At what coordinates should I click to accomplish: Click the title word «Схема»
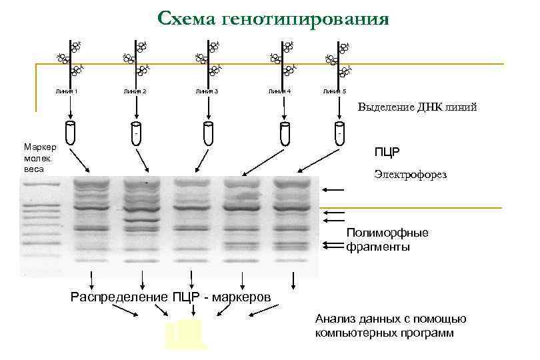[x=188, y=18]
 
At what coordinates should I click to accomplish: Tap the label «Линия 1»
[x=67, y=91]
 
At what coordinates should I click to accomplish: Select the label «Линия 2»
[x=135, y=91]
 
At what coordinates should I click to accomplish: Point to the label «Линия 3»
[x=207, y=91]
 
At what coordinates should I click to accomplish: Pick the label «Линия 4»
[x=279, y=91]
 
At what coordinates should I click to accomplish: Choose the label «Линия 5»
[x=334, y=91]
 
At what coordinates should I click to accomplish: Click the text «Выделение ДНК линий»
[x=417, y=107]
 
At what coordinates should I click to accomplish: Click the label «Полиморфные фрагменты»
[x=387, y=240]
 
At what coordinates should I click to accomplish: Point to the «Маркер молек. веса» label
[x=40, y=157]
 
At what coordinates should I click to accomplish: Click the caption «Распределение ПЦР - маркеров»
[x=171, y=297]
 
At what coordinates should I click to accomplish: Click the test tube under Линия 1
[x=71, y=133]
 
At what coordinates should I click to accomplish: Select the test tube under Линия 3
[x=207, y=133]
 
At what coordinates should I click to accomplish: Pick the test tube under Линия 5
[x=339, y=133]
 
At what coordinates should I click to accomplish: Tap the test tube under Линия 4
[x=285, y=133]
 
